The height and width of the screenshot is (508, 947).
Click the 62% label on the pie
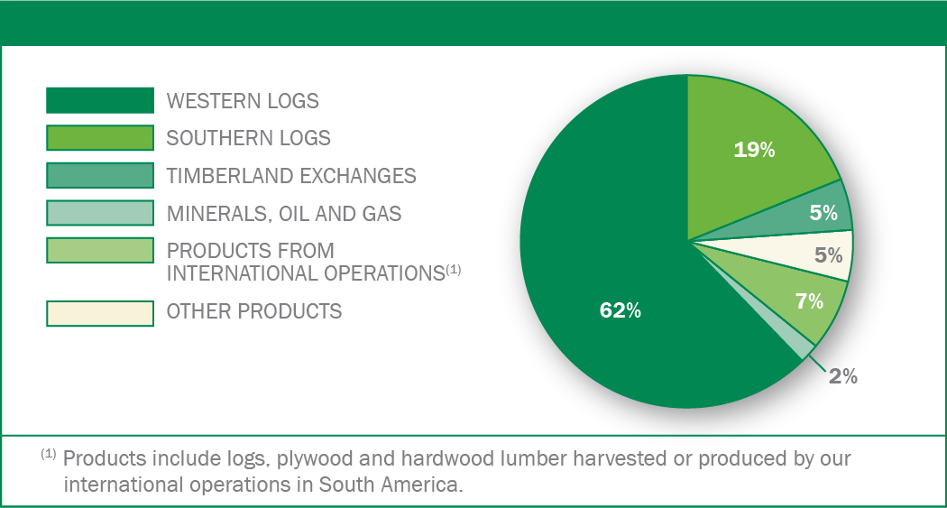pyautogui.click(x=621, y=309)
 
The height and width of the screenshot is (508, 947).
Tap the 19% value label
pyautogui.click(x=754, y=150)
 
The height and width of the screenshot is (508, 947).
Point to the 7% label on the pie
pyautogui.click(x=809, y=300)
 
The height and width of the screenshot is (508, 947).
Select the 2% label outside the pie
pyautogui.click(x=843, y=375)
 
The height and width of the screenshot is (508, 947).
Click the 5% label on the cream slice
pyautogui.click(x=829, y=255)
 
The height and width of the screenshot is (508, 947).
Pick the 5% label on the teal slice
pyautogui.click(x=823, y=213)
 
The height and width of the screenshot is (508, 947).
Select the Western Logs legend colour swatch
pyautogui.click(x=100, y=100)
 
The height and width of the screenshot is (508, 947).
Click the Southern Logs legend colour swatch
pyautogui.click(x=100, y=138)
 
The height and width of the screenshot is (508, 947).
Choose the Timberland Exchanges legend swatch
pyautogui.click(x=100, y=175)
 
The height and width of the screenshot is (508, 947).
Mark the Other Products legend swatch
pyautogui.click(x=100, y=313)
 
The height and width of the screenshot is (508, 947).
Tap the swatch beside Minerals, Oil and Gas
pyautogui.click(x=100, y=213)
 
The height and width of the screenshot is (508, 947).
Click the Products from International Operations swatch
pyautogui.click(x=100, y=251)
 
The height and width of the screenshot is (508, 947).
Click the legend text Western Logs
pyautogui.click(x=243, y=101)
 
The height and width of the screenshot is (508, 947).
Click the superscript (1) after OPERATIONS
pyautogui.click(x=454, y=270)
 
